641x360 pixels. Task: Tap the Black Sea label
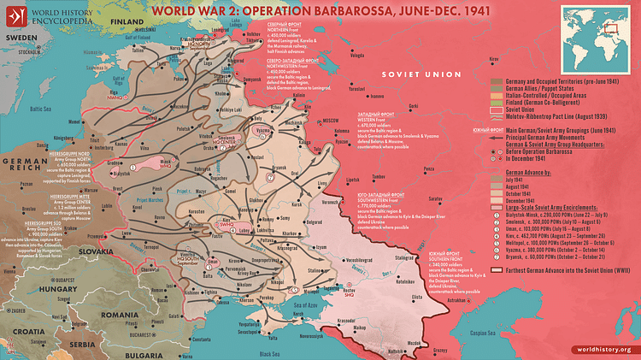271,353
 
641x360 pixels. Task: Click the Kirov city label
491,60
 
